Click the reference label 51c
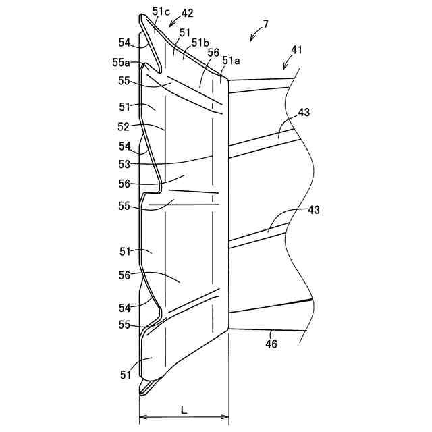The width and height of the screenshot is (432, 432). tap(161, 11)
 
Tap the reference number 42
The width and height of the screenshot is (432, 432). tap(187, 13)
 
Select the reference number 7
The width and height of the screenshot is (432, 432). tap(265, 24)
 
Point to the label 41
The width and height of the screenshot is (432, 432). tap(297, 50)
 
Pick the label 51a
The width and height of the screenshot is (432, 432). tap(232, 61)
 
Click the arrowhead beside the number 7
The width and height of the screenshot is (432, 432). tap(251, 40)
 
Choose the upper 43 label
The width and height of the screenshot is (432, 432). tap(304, 113)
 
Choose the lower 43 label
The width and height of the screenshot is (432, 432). tap(313, 210)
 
